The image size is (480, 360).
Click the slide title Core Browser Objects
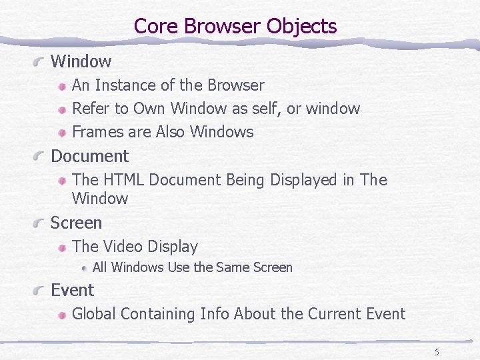(235, 26)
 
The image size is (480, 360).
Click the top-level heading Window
(81, 61)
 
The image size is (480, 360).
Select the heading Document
(89, 156)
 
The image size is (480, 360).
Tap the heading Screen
(76, 223)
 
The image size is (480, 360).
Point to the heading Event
(72, 290)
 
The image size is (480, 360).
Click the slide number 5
(437, 352)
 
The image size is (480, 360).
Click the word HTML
(125, 180)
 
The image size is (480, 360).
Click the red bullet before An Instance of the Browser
(61, 86)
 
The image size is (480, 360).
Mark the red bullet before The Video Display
(61, 247)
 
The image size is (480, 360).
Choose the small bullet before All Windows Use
(85, 268)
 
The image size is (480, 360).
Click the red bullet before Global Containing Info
(61, 314)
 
